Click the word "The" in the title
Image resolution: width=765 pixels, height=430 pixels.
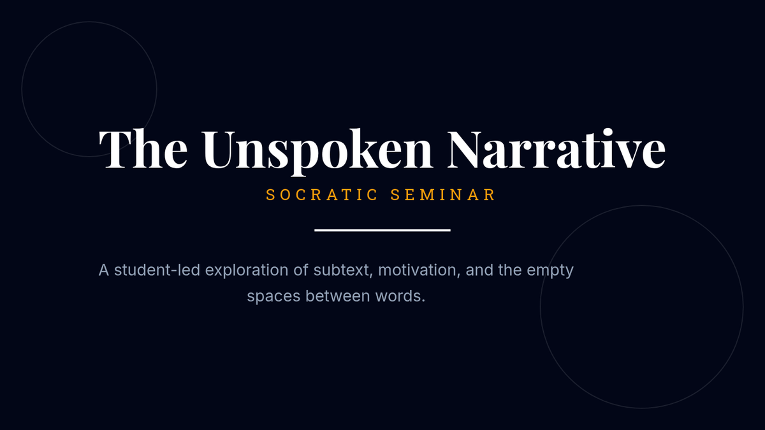[x=143, y=149]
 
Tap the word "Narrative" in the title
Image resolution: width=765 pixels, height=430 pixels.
[x=557, y=149]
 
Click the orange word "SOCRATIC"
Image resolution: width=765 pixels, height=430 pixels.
[x=322, y=195]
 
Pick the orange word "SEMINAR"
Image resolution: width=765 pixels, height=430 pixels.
[x=442, y=195]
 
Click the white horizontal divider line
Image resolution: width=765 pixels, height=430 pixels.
[x=382, y=231]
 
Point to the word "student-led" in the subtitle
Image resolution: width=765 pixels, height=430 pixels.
[x=157, y=270]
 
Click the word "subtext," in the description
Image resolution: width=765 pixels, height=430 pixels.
[x=343, y=270]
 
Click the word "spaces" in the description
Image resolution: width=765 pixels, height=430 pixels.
[x=273, y=297]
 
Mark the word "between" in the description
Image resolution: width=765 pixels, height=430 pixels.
[x=338, y=296]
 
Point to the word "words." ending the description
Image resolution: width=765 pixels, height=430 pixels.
[x=400, y=296]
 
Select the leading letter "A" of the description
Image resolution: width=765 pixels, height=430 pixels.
[x=104, y=270]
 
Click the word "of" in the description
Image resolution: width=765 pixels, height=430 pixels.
[x=301, y=270]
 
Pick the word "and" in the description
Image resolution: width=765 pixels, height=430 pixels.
[x=479, y=270]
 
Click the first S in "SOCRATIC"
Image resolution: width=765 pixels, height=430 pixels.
[x=270, y=195]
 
